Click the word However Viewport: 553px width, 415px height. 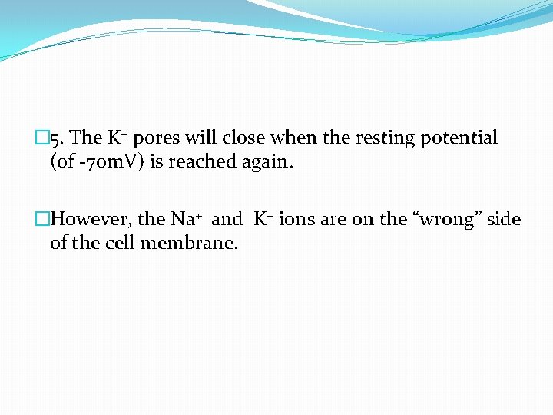(x=92, y=220)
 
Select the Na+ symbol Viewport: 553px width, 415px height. (x=186, y=220)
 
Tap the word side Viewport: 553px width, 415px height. (x=504, y=220)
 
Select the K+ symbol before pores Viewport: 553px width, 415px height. (x=117, y=138)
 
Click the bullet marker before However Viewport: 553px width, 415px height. (x=42, y=220)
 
